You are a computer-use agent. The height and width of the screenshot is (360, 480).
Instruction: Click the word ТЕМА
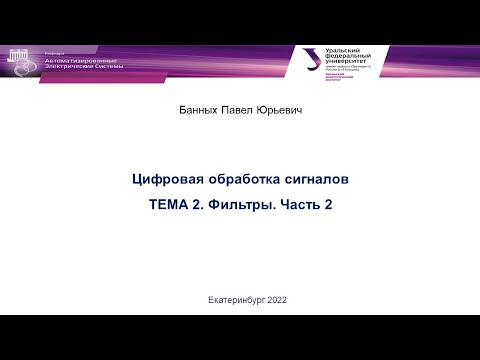pos(168,205)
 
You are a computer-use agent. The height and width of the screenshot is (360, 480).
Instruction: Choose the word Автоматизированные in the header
pos(80,61)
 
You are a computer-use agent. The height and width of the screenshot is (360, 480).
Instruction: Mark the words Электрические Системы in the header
pos(81,69)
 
